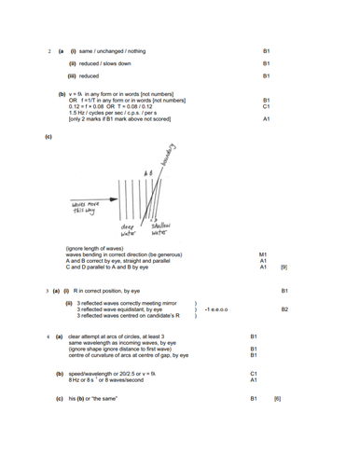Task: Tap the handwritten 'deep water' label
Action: [x=128, y=229]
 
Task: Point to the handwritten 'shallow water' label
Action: [x=160, y=229]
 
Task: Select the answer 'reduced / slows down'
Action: [x=105, y=62]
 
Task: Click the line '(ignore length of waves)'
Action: [x=97, y=248]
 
